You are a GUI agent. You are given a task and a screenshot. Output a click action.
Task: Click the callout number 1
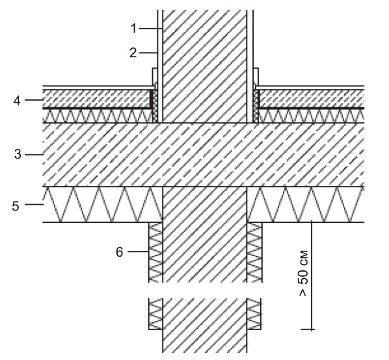click(x=134, y=29)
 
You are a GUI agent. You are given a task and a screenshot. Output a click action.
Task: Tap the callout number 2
click(x=133, y=53)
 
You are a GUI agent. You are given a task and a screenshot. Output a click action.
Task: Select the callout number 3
click(x=18, y=155)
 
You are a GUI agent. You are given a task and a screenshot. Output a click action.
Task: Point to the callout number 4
click(x=17, y=101)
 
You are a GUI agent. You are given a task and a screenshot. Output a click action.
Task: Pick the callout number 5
click(x=16, y=206)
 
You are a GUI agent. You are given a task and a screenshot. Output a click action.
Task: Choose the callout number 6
click(x=120, y=252)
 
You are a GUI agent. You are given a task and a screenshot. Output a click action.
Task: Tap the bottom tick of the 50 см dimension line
click(x=308, y=329)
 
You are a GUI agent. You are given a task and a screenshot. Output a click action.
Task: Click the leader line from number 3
click(x=34, y=155)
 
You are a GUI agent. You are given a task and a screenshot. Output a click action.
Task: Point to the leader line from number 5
click(x=34, y=205)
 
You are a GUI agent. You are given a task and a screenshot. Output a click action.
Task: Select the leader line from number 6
click(x=138, y=251)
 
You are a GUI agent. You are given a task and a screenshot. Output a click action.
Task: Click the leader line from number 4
click(x=34, y=100)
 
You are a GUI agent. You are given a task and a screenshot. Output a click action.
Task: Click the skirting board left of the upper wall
click(x=154, y=77)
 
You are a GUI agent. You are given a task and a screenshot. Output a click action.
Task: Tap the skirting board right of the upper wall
click(x=256, y=77)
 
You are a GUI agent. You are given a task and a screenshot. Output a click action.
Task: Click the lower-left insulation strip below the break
click(x=155, y=314)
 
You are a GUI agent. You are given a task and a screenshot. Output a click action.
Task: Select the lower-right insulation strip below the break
click(x=254, y=314)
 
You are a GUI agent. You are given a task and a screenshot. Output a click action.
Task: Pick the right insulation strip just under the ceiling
click(x=254, y=252)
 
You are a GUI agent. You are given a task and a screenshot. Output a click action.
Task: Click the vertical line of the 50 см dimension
click(x=312, y=276)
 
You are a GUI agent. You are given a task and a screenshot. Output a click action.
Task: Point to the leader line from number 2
click(x=148, y=53)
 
